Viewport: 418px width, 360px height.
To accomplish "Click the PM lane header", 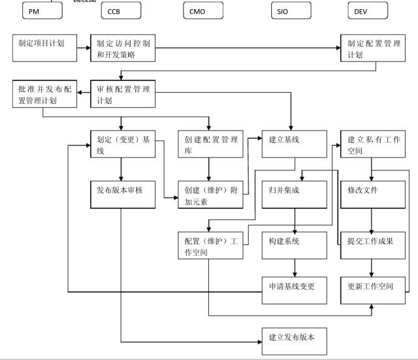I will point(42,11).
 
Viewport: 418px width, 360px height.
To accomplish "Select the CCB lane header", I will point(121,11).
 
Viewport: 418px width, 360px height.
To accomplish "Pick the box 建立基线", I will point(293,144).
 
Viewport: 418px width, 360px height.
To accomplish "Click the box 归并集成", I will point(293,194).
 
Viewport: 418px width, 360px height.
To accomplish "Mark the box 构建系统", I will point(293,244).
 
